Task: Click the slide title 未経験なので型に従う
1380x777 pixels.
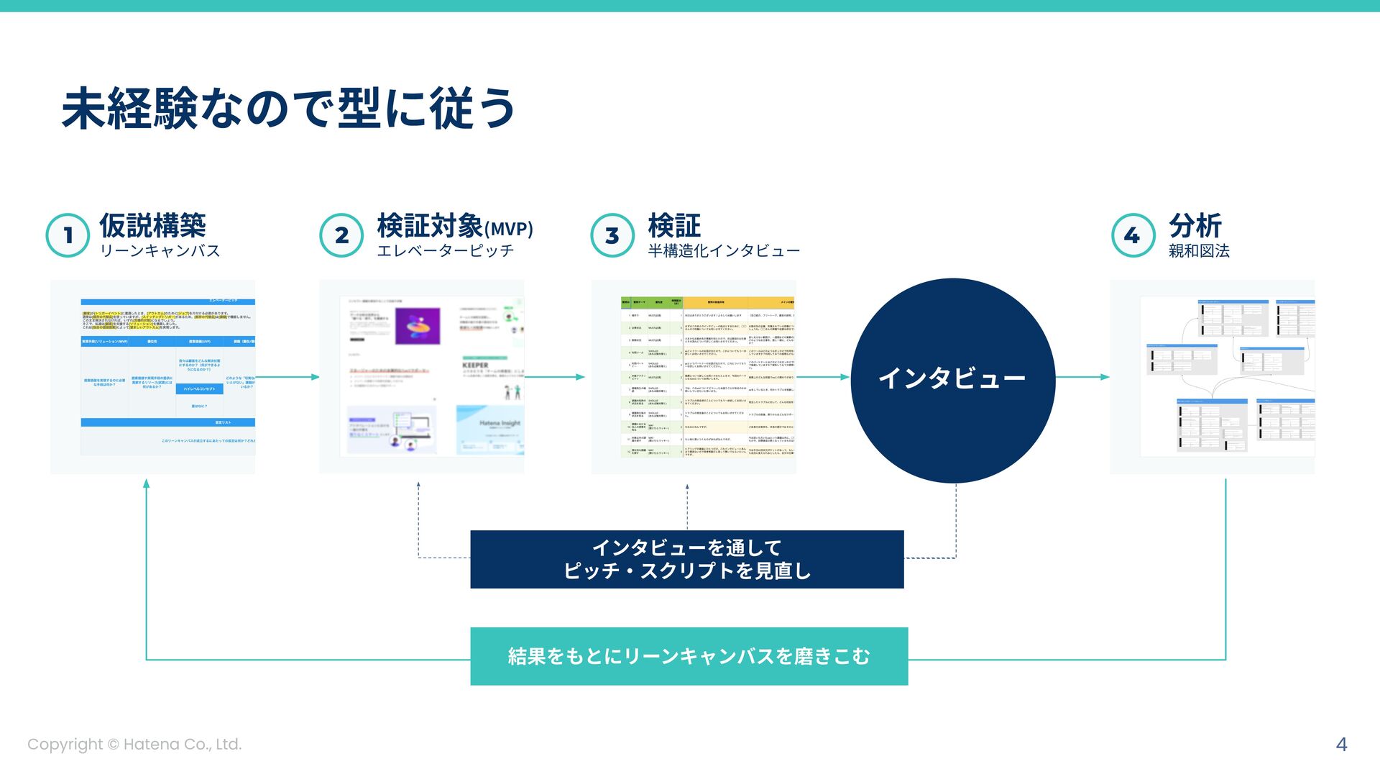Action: [x=288, y=109]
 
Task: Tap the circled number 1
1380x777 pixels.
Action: [x=68, y=235]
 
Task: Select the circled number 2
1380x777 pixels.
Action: [x=341, y=235]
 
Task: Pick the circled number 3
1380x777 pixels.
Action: [x=612, y=235]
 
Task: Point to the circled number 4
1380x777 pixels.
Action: [x=1133, y=235]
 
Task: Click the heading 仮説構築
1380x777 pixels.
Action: [x=152, y=225]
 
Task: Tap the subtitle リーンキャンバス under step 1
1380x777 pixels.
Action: [x=160, y=251]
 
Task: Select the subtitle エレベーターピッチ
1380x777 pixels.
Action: [x=446, y=251]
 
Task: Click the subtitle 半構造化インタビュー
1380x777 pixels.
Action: [x=724, y=251]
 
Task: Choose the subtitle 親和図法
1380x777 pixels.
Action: [x=1199, y=251]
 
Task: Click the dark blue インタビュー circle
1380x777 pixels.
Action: [x=952, y=380]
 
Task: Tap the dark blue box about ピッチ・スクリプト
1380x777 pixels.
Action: [x=686, y=559]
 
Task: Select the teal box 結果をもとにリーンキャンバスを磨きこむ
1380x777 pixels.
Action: [x=689, y=656]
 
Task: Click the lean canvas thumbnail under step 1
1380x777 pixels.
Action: [x=153, y=377]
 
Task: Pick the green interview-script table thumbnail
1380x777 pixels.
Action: [x=694, y=377]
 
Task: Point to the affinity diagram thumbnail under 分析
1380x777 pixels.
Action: [x=1213, y=377]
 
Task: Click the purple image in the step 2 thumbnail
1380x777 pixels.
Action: [x=418, y=326]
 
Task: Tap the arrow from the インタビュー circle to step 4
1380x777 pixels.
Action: [x=1082, y=377]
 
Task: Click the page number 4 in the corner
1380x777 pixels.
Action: [x=1341, y=745]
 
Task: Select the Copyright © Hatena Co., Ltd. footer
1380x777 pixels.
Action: [x=134, y=745]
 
